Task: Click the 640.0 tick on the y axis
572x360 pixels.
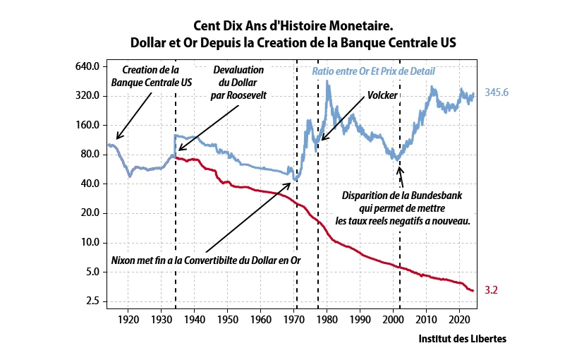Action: click(x=87, y=66)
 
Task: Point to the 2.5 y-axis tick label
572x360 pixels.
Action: click(x=92, y=301)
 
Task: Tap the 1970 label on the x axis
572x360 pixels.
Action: click(x=294, y=320)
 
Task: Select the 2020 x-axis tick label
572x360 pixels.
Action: click(x=459, y=320)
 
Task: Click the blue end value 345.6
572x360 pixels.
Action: click(x=497, y=92)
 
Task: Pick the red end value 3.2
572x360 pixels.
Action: click(x=491, y=290)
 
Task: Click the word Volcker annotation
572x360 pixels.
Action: click(x=382, y=95)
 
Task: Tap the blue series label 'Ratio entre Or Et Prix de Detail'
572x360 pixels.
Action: click(x=373, y=71)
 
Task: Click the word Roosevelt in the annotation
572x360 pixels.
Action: click(x=247, y=95)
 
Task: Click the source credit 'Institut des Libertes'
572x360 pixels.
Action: click(x=462, y=338)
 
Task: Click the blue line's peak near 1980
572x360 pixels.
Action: click(x=327, y=81)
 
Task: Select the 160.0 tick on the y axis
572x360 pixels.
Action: click(x=87, y=125)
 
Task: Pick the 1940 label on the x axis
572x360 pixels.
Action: click(x=195, y=320)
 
